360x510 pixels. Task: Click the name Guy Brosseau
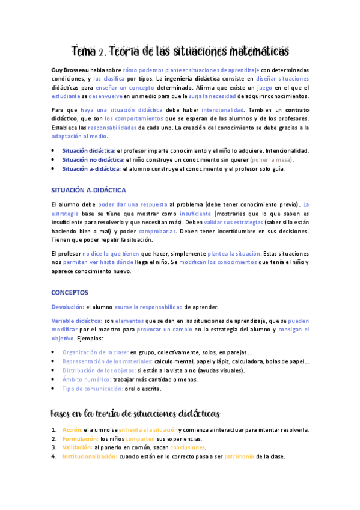(x=69, y=70)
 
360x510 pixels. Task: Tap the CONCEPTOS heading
(x=70, y=292)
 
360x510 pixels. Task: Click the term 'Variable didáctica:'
(x=77, y=321)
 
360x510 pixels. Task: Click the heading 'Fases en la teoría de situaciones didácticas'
(x=136, y=414)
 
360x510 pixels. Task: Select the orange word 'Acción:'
(x=72, y=430)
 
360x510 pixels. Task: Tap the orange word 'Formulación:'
(x=80, y=438)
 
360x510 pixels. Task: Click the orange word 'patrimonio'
(x=239, y=456)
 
